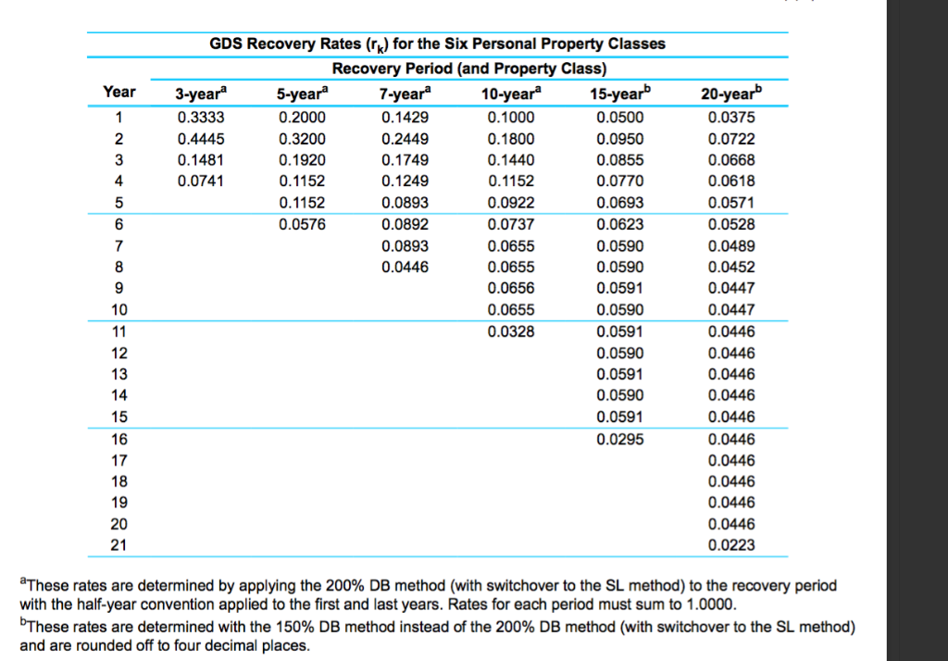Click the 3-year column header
(201, 94)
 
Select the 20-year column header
(731, 94)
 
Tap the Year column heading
(119, 92)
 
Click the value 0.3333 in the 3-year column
(201, 118)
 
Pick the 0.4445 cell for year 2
(201, 139)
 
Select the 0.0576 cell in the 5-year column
(303, 224)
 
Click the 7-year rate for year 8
(405, 267)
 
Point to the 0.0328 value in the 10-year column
(511, 331)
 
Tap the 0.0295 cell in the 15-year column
(619, 439)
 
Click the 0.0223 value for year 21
(731, 545)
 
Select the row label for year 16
(119, 439)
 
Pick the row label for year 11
(119, 331)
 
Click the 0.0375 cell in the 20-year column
(731, 118)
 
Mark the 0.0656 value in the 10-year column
(511, 288)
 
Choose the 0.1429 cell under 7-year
(405, 118)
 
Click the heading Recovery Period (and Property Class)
(469, 69)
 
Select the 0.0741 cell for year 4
(201, 181)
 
